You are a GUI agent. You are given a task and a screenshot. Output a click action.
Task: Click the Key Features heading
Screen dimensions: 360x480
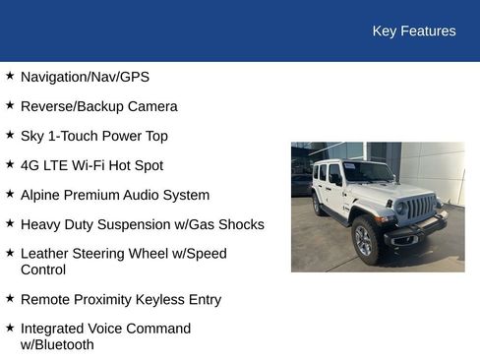click(x=413, y=31)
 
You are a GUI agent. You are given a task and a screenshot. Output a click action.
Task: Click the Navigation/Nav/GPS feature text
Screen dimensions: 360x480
click(x=85, y=77)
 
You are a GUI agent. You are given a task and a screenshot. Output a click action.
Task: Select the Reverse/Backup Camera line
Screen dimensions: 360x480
click(x=98, y=106)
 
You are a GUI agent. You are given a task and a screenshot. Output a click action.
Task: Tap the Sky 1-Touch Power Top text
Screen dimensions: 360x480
click(x=93, y=136)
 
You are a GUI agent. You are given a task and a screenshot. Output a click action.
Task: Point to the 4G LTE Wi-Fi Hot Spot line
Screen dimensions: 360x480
click(x=91, y=165)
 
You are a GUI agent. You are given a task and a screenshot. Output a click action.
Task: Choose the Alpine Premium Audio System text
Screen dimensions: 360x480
click(x=114, y=195)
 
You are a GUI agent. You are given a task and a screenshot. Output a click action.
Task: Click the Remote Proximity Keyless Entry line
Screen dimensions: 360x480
click(x=120, y=299)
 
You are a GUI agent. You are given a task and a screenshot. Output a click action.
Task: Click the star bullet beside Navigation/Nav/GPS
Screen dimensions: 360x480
click(x=10, y=76)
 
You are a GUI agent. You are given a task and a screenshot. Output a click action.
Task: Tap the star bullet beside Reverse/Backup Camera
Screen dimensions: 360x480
click(x=10, y=105)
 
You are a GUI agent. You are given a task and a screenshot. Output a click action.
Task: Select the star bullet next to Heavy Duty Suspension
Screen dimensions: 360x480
click(x=10, y=223)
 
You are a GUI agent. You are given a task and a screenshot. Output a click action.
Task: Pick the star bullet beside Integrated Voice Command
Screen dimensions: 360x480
click(x=10, y=328)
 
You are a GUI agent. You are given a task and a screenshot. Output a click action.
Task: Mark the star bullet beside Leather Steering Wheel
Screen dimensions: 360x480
click(x=10, y=253)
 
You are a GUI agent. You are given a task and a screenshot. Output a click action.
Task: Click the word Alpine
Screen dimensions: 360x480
click(x=42, y=195)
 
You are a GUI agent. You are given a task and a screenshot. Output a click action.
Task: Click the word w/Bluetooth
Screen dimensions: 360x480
click(x=57, y=345)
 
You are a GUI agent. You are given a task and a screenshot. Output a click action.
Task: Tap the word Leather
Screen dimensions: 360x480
click(x=45, y=254)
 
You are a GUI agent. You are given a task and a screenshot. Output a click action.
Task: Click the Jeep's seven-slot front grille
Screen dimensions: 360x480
click(x=421, y=208)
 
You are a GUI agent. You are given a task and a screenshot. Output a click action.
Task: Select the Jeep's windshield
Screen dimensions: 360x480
click(x=368, y=172)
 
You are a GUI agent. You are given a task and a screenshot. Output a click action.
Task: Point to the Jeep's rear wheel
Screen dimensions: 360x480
click(x=316, y=206)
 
